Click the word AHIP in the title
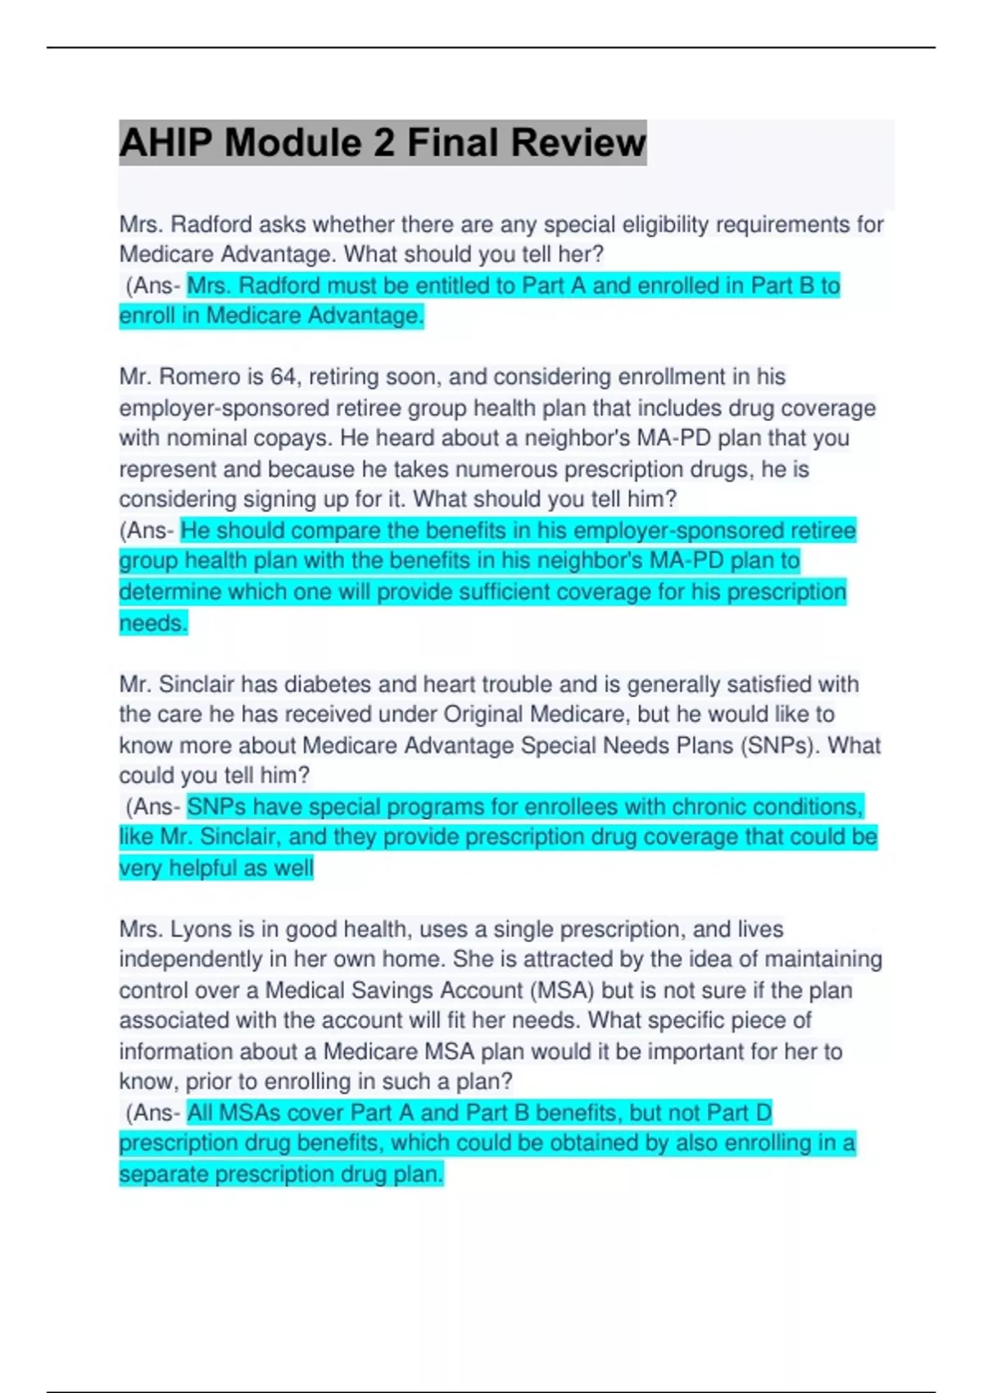pos(166,143)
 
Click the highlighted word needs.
pos(152,624)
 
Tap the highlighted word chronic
pos(707,807)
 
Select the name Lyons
pos(201,929)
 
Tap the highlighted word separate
pos(163,1174)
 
